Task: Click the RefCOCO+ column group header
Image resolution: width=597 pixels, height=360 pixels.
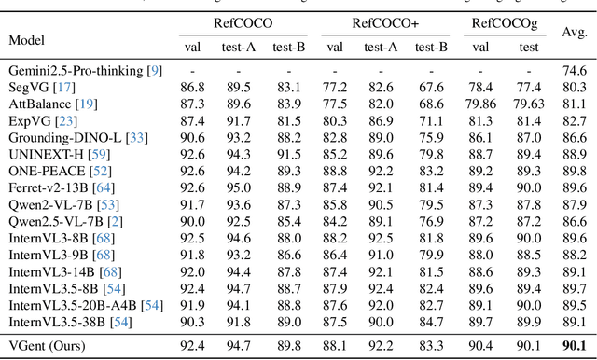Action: pyautogui.click(x=385, y=21)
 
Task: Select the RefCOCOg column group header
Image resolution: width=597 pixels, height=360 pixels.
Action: pyautogui.click(x=503, y=21)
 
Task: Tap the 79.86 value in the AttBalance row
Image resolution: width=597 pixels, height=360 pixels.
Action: pyautogui.click(x=483, y=104)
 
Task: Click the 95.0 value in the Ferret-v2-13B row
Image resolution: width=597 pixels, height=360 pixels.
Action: pyautogui.click(x=240, y=187)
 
